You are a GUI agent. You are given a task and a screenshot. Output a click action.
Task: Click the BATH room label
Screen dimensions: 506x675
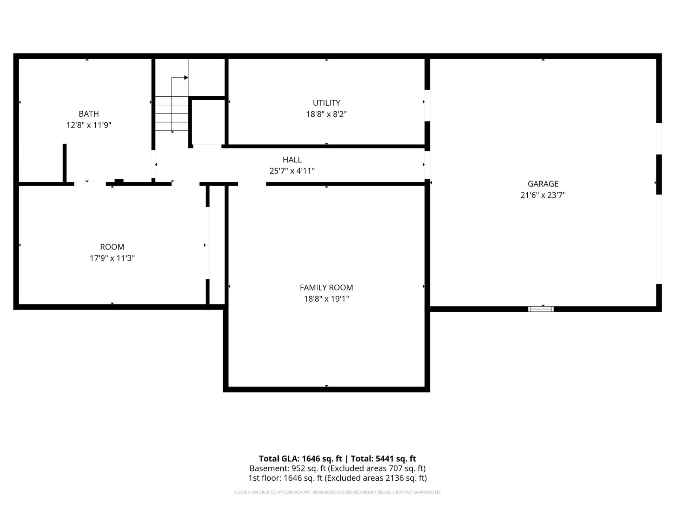tap(89, 114)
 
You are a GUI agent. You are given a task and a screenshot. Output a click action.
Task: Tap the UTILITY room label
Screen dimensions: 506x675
tap(326, 103)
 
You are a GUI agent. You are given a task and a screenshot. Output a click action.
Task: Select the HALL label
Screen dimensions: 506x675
tap(292, 160)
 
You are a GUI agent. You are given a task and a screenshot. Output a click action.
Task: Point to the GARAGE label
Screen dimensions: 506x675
tap(543, 184)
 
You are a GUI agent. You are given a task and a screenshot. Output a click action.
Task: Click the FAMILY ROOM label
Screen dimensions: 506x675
tap(326, 287)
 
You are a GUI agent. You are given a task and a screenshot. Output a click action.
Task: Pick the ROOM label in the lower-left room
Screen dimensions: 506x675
tap(112, 247)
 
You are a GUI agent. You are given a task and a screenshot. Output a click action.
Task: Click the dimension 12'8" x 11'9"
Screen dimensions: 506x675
tap(89, 125)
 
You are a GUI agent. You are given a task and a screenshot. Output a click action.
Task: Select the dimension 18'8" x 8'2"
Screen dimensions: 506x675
tap(326, 114)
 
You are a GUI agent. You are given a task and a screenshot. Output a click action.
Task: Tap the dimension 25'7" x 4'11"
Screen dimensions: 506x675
tap(292, 171)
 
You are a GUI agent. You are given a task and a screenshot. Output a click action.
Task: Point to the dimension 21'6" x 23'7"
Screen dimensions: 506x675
tap(543, 195)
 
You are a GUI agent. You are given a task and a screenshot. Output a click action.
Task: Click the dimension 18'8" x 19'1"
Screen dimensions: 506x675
tap(326, 299)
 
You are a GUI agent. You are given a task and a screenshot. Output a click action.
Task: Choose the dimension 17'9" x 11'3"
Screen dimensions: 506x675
tap(112, 258)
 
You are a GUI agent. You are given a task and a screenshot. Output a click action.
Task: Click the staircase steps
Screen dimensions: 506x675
tap(172, 113)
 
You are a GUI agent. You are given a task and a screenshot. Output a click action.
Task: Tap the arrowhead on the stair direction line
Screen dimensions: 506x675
tap(186, 78)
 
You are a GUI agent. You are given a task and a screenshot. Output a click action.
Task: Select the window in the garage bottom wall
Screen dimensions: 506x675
tap(541, 309)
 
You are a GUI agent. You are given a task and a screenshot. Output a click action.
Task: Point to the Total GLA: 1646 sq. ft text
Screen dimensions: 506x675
tap(300, 459)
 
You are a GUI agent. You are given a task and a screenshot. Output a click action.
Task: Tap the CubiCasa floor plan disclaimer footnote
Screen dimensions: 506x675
tap(337, 492)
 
